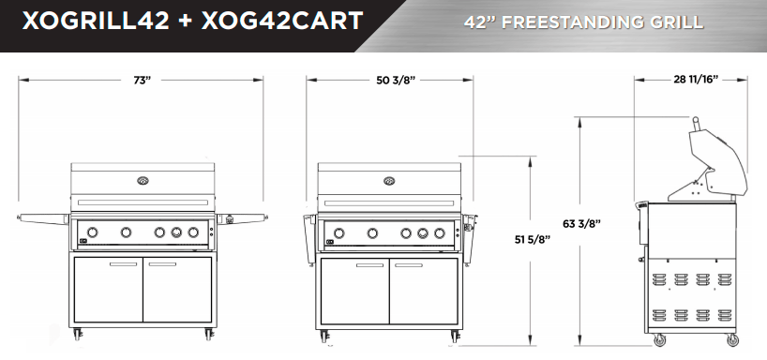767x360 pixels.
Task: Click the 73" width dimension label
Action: point(142,82)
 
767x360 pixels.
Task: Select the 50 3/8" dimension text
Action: point(395,82)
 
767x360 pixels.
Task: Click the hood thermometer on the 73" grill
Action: point(142,180)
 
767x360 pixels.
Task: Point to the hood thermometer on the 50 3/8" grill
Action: point(389,180)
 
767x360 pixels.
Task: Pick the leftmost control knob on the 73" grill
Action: point(95,232)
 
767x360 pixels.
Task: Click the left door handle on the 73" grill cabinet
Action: point(123,264)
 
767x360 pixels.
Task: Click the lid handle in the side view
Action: point(695,123)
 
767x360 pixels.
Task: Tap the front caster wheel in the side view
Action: point(658,339)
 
